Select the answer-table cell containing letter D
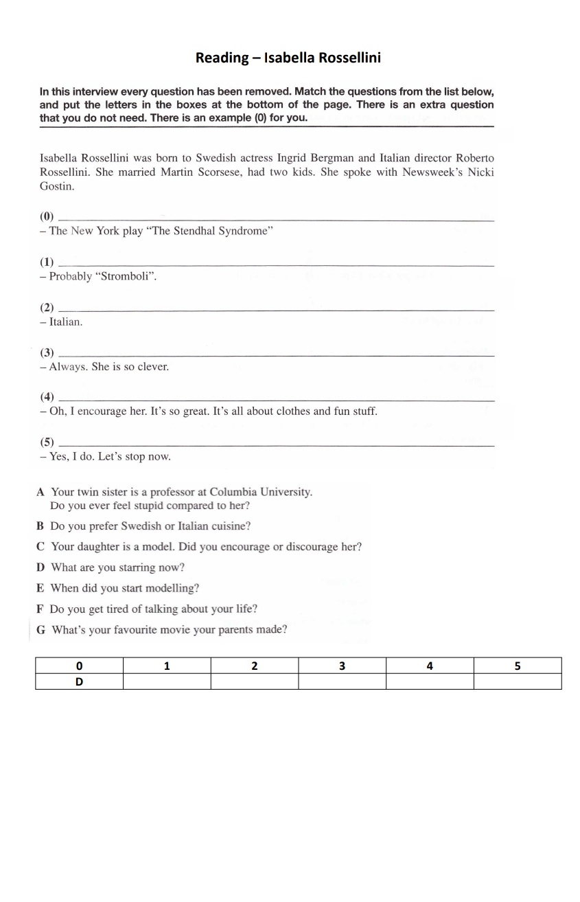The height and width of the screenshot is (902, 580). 79,681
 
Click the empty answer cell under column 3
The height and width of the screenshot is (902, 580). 342,681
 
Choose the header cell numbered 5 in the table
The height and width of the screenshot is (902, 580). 518,666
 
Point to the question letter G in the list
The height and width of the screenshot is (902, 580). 40,629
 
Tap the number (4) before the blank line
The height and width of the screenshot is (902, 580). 47,397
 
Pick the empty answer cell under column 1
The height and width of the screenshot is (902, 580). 167,681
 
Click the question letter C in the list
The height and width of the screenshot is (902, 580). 40,547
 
